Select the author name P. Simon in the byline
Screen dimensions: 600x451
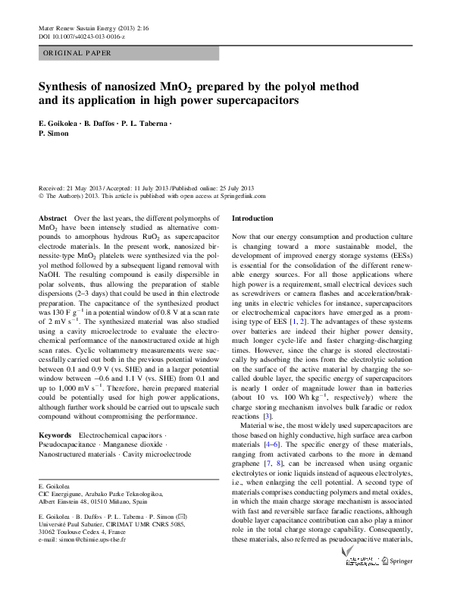(x=53, y=133)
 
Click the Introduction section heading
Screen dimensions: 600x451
(x=252, y=218)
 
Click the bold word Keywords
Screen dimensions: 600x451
(x=55, y=435)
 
